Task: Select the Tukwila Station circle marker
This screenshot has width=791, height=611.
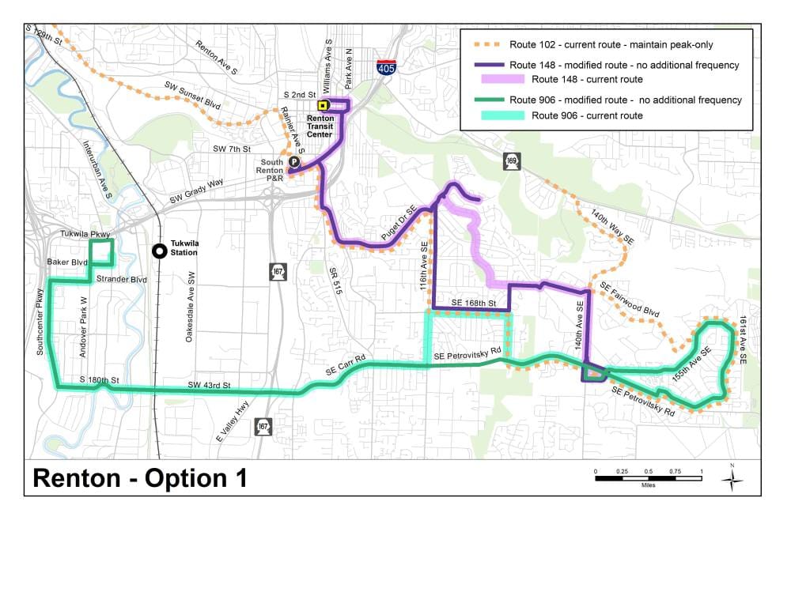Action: click(x=160, y=251)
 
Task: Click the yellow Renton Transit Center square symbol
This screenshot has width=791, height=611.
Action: click(x=322, y=105)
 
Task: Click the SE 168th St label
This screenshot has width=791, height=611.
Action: click(x=473, y=304)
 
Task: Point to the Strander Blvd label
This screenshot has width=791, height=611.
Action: click(x=122, y=279)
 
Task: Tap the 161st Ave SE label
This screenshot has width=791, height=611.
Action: click(x=743, y=340)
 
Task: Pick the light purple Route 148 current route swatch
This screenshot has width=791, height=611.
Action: click(x=502, y=79)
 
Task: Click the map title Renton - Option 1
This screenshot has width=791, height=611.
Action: click(x=140, y=478)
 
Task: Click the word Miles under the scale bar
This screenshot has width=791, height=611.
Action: click(x=649, y=485)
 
